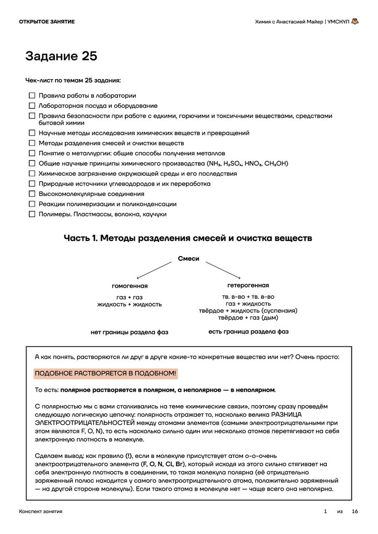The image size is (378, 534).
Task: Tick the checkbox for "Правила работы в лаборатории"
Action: point(32,95)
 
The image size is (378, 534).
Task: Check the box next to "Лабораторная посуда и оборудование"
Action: point(32,106)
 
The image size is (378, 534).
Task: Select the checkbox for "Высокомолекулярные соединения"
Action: point(32,193)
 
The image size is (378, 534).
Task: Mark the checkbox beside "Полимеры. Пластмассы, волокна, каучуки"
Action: point(32,214)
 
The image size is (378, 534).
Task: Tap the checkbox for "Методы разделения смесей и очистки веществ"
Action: point(32,143)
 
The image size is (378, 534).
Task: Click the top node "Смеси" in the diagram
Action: point(188,259)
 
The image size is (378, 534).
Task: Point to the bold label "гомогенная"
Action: point(129,286)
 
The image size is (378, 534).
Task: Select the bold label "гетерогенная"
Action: point(248,285)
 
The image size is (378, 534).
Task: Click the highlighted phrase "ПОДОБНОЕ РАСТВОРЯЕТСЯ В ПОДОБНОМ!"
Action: point(105,373)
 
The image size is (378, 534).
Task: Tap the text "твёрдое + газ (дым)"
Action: point(248,318)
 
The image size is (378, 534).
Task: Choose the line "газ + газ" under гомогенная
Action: point(129,297)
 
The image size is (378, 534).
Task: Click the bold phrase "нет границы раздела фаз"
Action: point(129,332)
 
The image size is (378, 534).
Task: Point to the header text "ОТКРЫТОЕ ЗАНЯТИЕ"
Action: point(46,21)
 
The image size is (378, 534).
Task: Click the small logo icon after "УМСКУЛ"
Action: point(355,21)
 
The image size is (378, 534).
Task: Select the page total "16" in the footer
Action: point(355,512)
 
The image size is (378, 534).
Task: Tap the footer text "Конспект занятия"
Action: point(41,512)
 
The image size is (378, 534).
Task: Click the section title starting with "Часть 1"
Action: point(188,238)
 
